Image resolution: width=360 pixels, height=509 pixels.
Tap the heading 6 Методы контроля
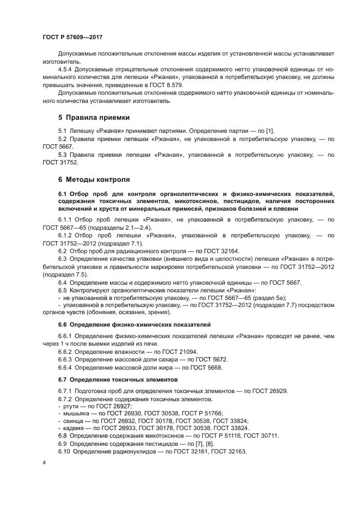94,179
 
